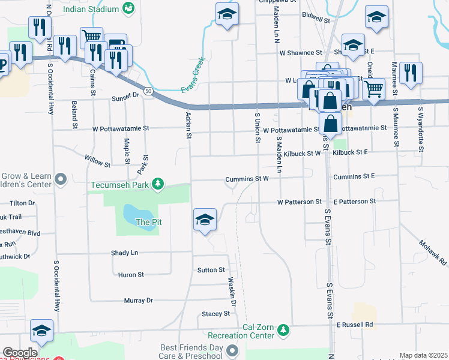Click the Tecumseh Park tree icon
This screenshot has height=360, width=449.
pyautogui.click(x=158, y=183)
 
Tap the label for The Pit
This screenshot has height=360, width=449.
pyautogui.click(x=149, y=222)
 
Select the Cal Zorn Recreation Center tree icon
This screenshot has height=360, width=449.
pyautogui.click(x=282, y=330)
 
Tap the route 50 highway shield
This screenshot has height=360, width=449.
pyautogui.click(x=148, y=90)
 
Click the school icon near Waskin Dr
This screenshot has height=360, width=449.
pyautogui.click(x=205, y=220)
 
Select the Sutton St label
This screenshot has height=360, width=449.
pyautogui.click(x=211, y=271)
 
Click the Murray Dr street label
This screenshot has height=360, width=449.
pyautogui.click(x=138, y=301)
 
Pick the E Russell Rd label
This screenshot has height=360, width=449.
pyautogui.click(x=354, y=325)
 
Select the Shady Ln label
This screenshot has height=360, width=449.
pyautogui.click(x=124, y=253)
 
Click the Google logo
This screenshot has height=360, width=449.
pyautogui.click(x=20, y=353)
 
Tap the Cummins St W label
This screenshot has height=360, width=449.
pyautogui.click(x=246, y=179)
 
